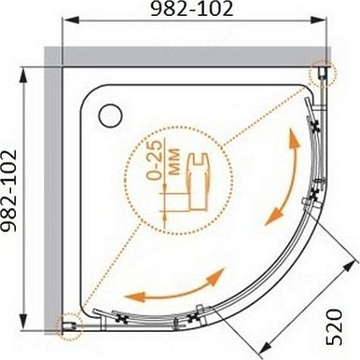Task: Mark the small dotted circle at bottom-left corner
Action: click(x=68, y=323)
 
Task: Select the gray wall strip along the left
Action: click(x=54, y=192)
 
